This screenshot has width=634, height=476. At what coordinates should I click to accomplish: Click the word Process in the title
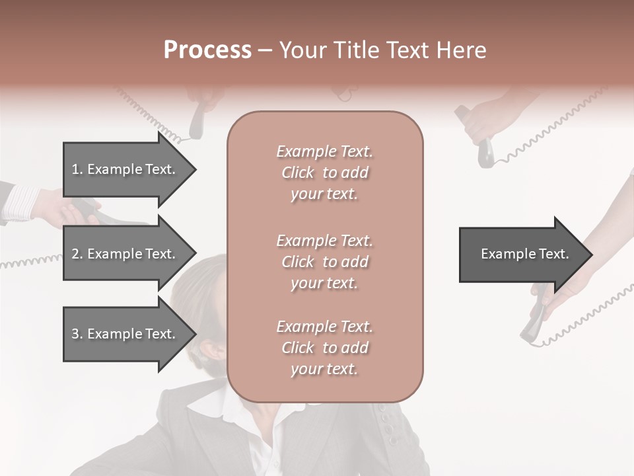207,50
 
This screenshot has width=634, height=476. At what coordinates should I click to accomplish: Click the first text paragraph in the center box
324,173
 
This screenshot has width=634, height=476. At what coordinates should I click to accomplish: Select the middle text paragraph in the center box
324,262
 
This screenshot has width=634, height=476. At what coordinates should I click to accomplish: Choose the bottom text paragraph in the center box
324,348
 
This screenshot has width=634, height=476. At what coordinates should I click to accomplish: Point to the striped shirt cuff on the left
20,202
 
